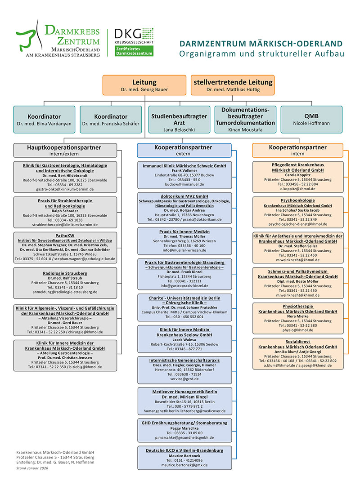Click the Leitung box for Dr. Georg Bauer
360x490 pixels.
coord(144,85)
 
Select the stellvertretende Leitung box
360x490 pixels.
coord(233,85)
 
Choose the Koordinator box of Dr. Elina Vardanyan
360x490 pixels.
coord(45,120)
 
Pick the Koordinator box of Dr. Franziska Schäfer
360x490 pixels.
coord(111,120)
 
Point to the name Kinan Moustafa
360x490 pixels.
coord(245,129)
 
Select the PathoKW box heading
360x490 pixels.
coord(65,235)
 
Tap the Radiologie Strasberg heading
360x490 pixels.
coord(65,273)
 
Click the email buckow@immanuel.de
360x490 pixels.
coord(184,184)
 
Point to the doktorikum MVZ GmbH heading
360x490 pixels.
coord(184,196)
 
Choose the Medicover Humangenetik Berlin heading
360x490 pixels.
coord(184,392)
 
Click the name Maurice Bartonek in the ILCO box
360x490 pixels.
coord(184,455)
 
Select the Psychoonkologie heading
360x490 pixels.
coord(297,200)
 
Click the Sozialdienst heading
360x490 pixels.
coord(297,342)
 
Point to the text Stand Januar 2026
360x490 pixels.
coord(32,468)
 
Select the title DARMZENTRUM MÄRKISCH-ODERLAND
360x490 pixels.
coord(261,44)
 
